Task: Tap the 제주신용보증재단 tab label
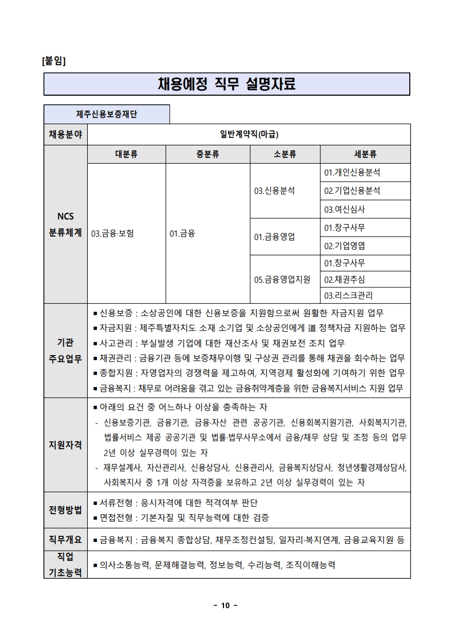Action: (x=107, y=114)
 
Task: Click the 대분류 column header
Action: (x=126, y=154)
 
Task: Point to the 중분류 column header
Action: (x=207, y=154)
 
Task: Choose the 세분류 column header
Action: (x=365, y=154)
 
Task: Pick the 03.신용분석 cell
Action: (x=275, y=191)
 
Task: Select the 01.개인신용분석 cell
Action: (x=352, y=172)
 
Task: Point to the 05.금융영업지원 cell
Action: (x=282, y=279)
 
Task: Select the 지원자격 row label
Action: (x=65, y=445)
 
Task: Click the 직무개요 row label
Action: (x=65, y=539)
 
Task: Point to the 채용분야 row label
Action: (x=65, y=135)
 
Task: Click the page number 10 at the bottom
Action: (x=225, y=605)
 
